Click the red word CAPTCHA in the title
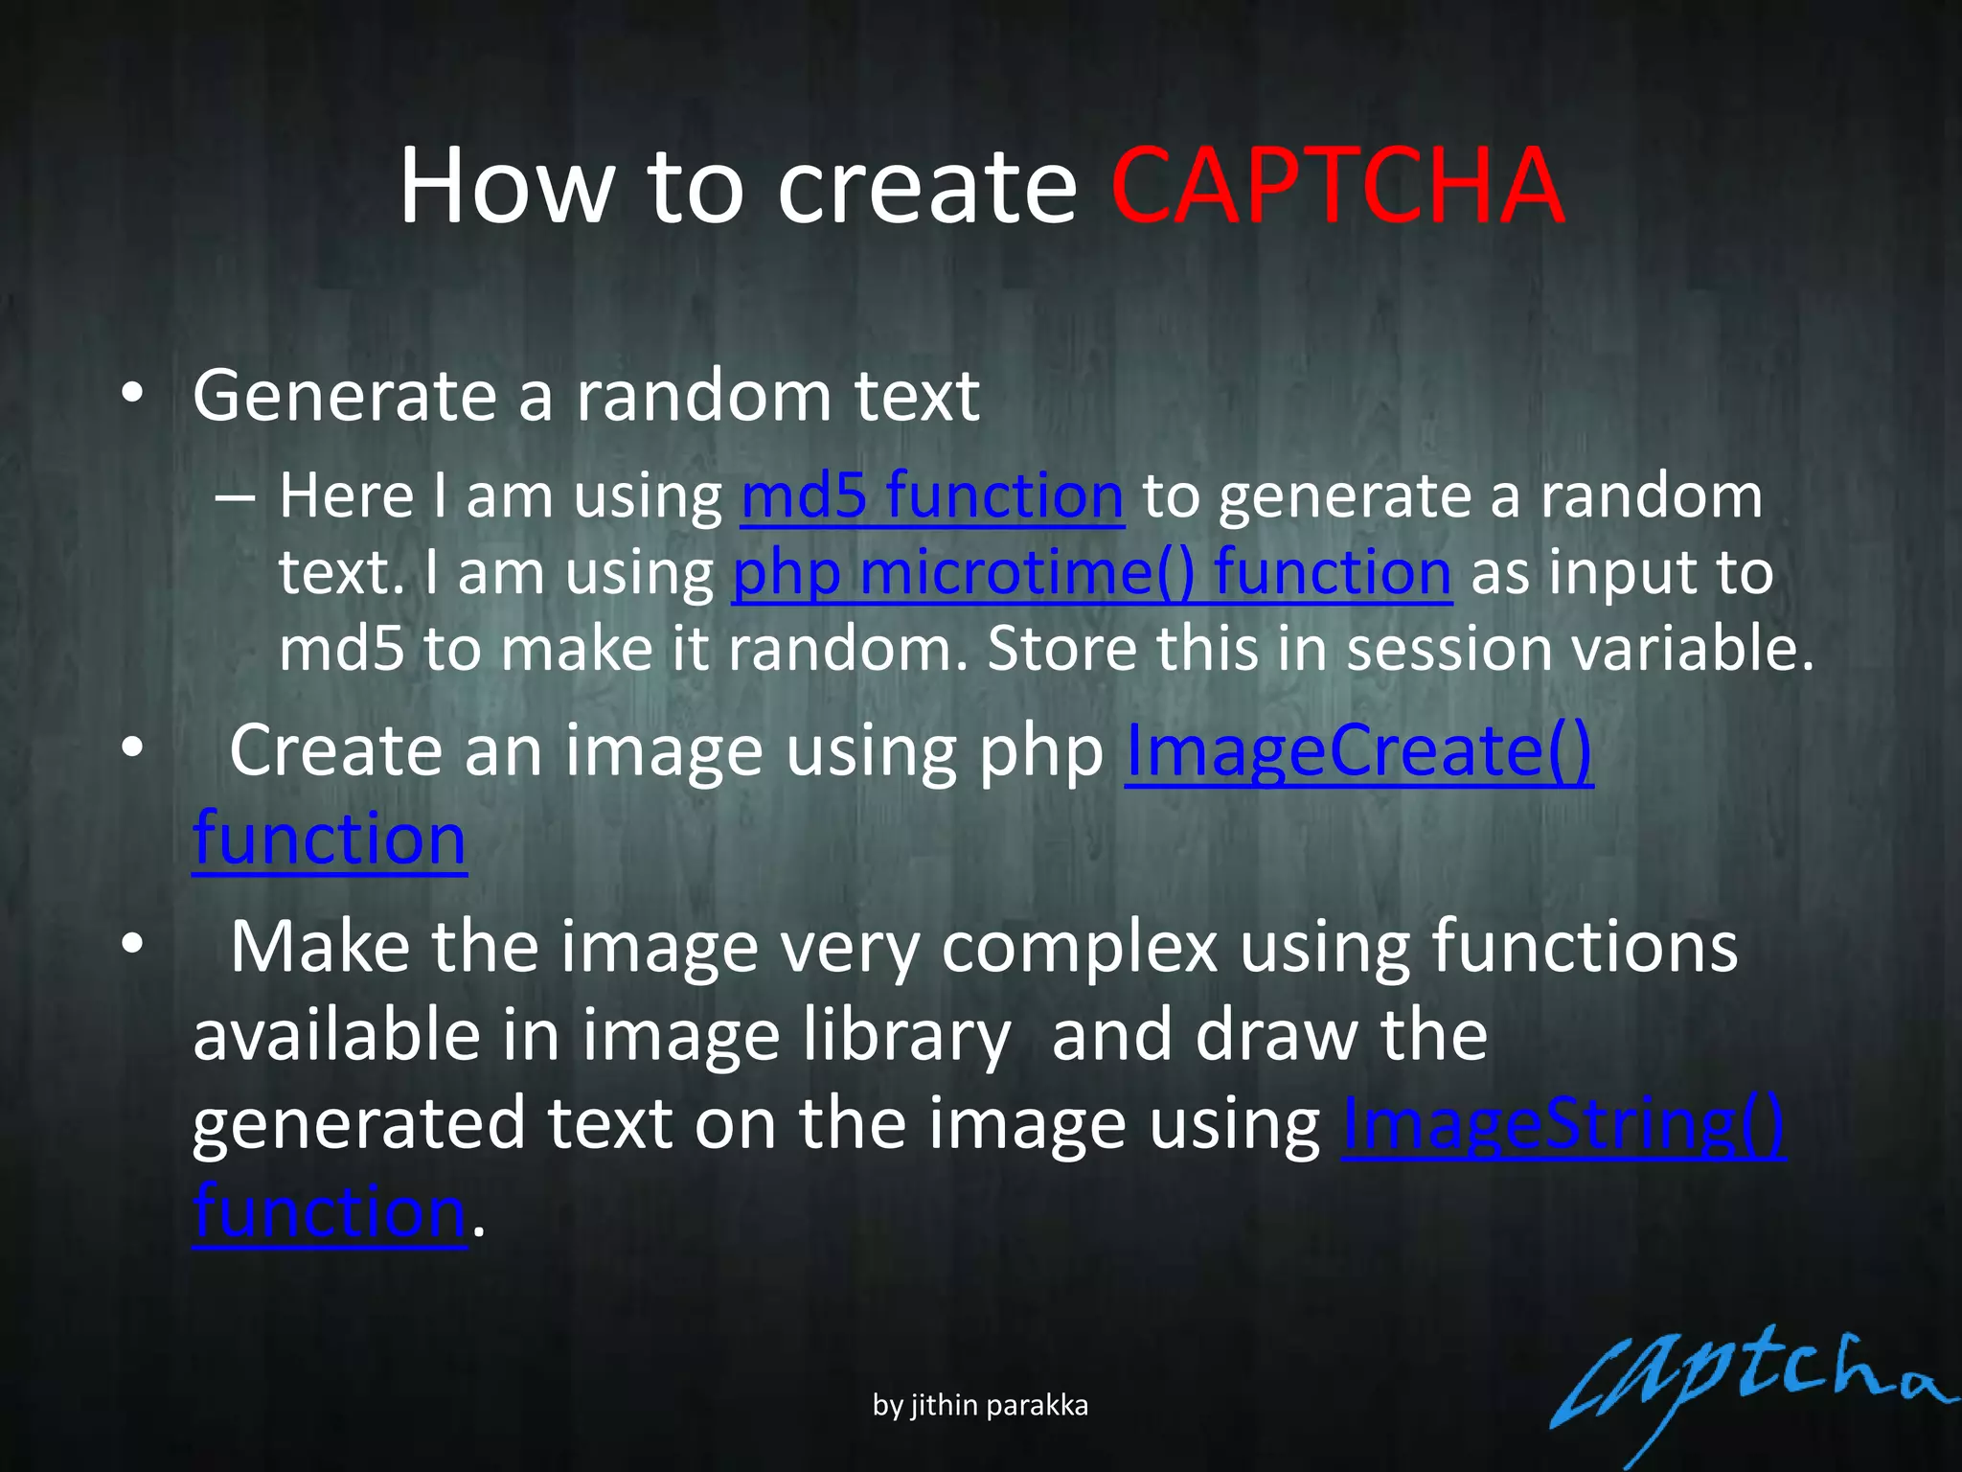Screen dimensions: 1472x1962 click(1337, 186)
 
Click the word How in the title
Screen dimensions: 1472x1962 click(506, 186)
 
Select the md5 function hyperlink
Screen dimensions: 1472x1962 click(932, 496)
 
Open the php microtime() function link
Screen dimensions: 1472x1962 click(1091, 573)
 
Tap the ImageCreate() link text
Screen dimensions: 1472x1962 click(1358, 750)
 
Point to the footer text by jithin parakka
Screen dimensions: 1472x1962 click(980, 1405)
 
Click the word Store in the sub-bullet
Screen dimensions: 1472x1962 click(1061, 649)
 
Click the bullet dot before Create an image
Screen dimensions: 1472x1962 click(133, 747)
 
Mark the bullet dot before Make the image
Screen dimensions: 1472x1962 click(133, 945)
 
